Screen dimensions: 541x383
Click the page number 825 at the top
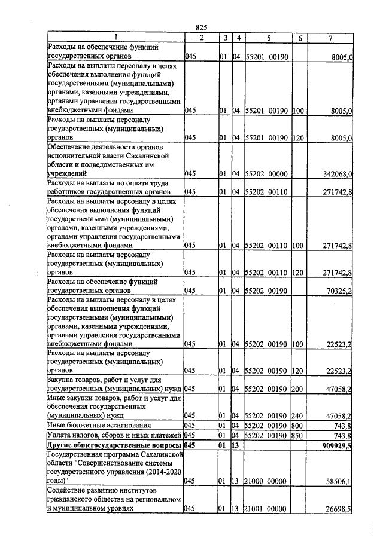coord(201,28)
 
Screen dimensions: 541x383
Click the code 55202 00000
coord(267,173)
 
